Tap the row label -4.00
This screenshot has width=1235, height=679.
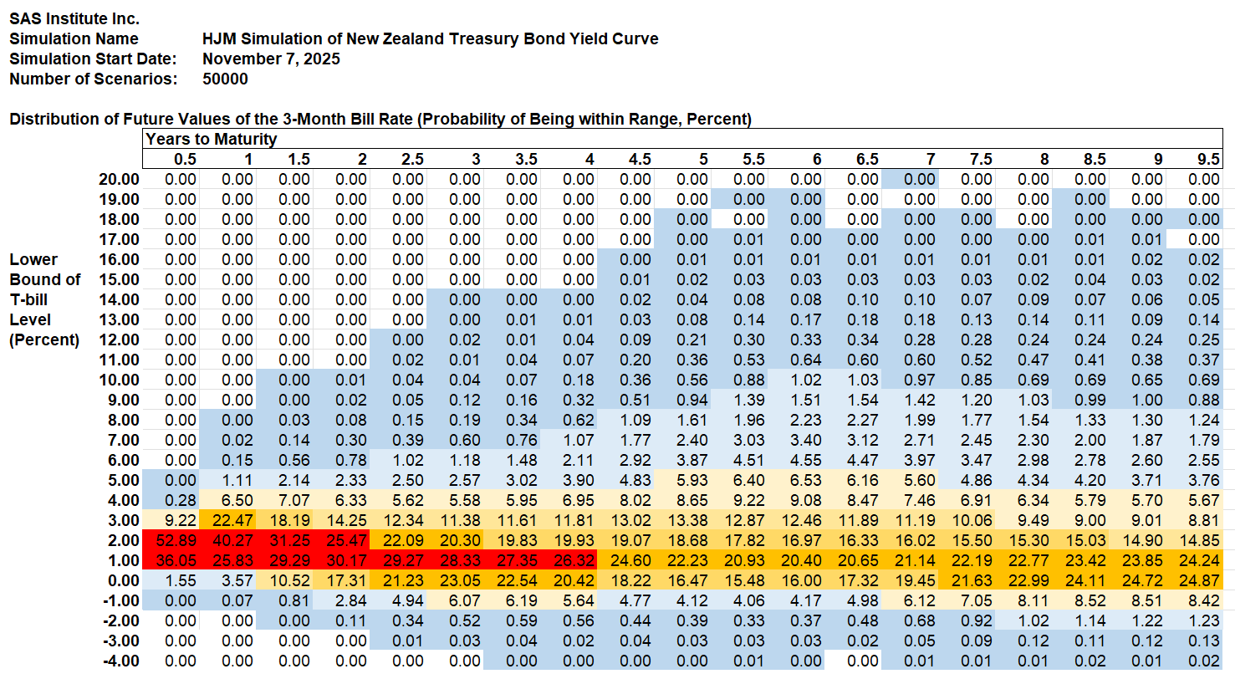coord(119,661)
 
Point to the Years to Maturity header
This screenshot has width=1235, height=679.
coord(212,139)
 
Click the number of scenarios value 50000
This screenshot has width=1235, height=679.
coord(225,79)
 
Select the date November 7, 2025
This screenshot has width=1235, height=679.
coord(271,59)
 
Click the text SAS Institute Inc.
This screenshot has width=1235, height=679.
coord(74,18)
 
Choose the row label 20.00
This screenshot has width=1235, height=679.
coord(119,179)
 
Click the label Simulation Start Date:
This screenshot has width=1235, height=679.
coord(93,59)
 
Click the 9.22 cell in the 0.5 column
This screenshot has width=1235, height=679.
coord(181,520)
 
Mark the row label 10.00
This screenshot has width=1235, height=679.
coord(119,380)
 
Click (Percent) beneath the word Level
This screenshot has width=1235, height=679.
coord(44,339)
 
